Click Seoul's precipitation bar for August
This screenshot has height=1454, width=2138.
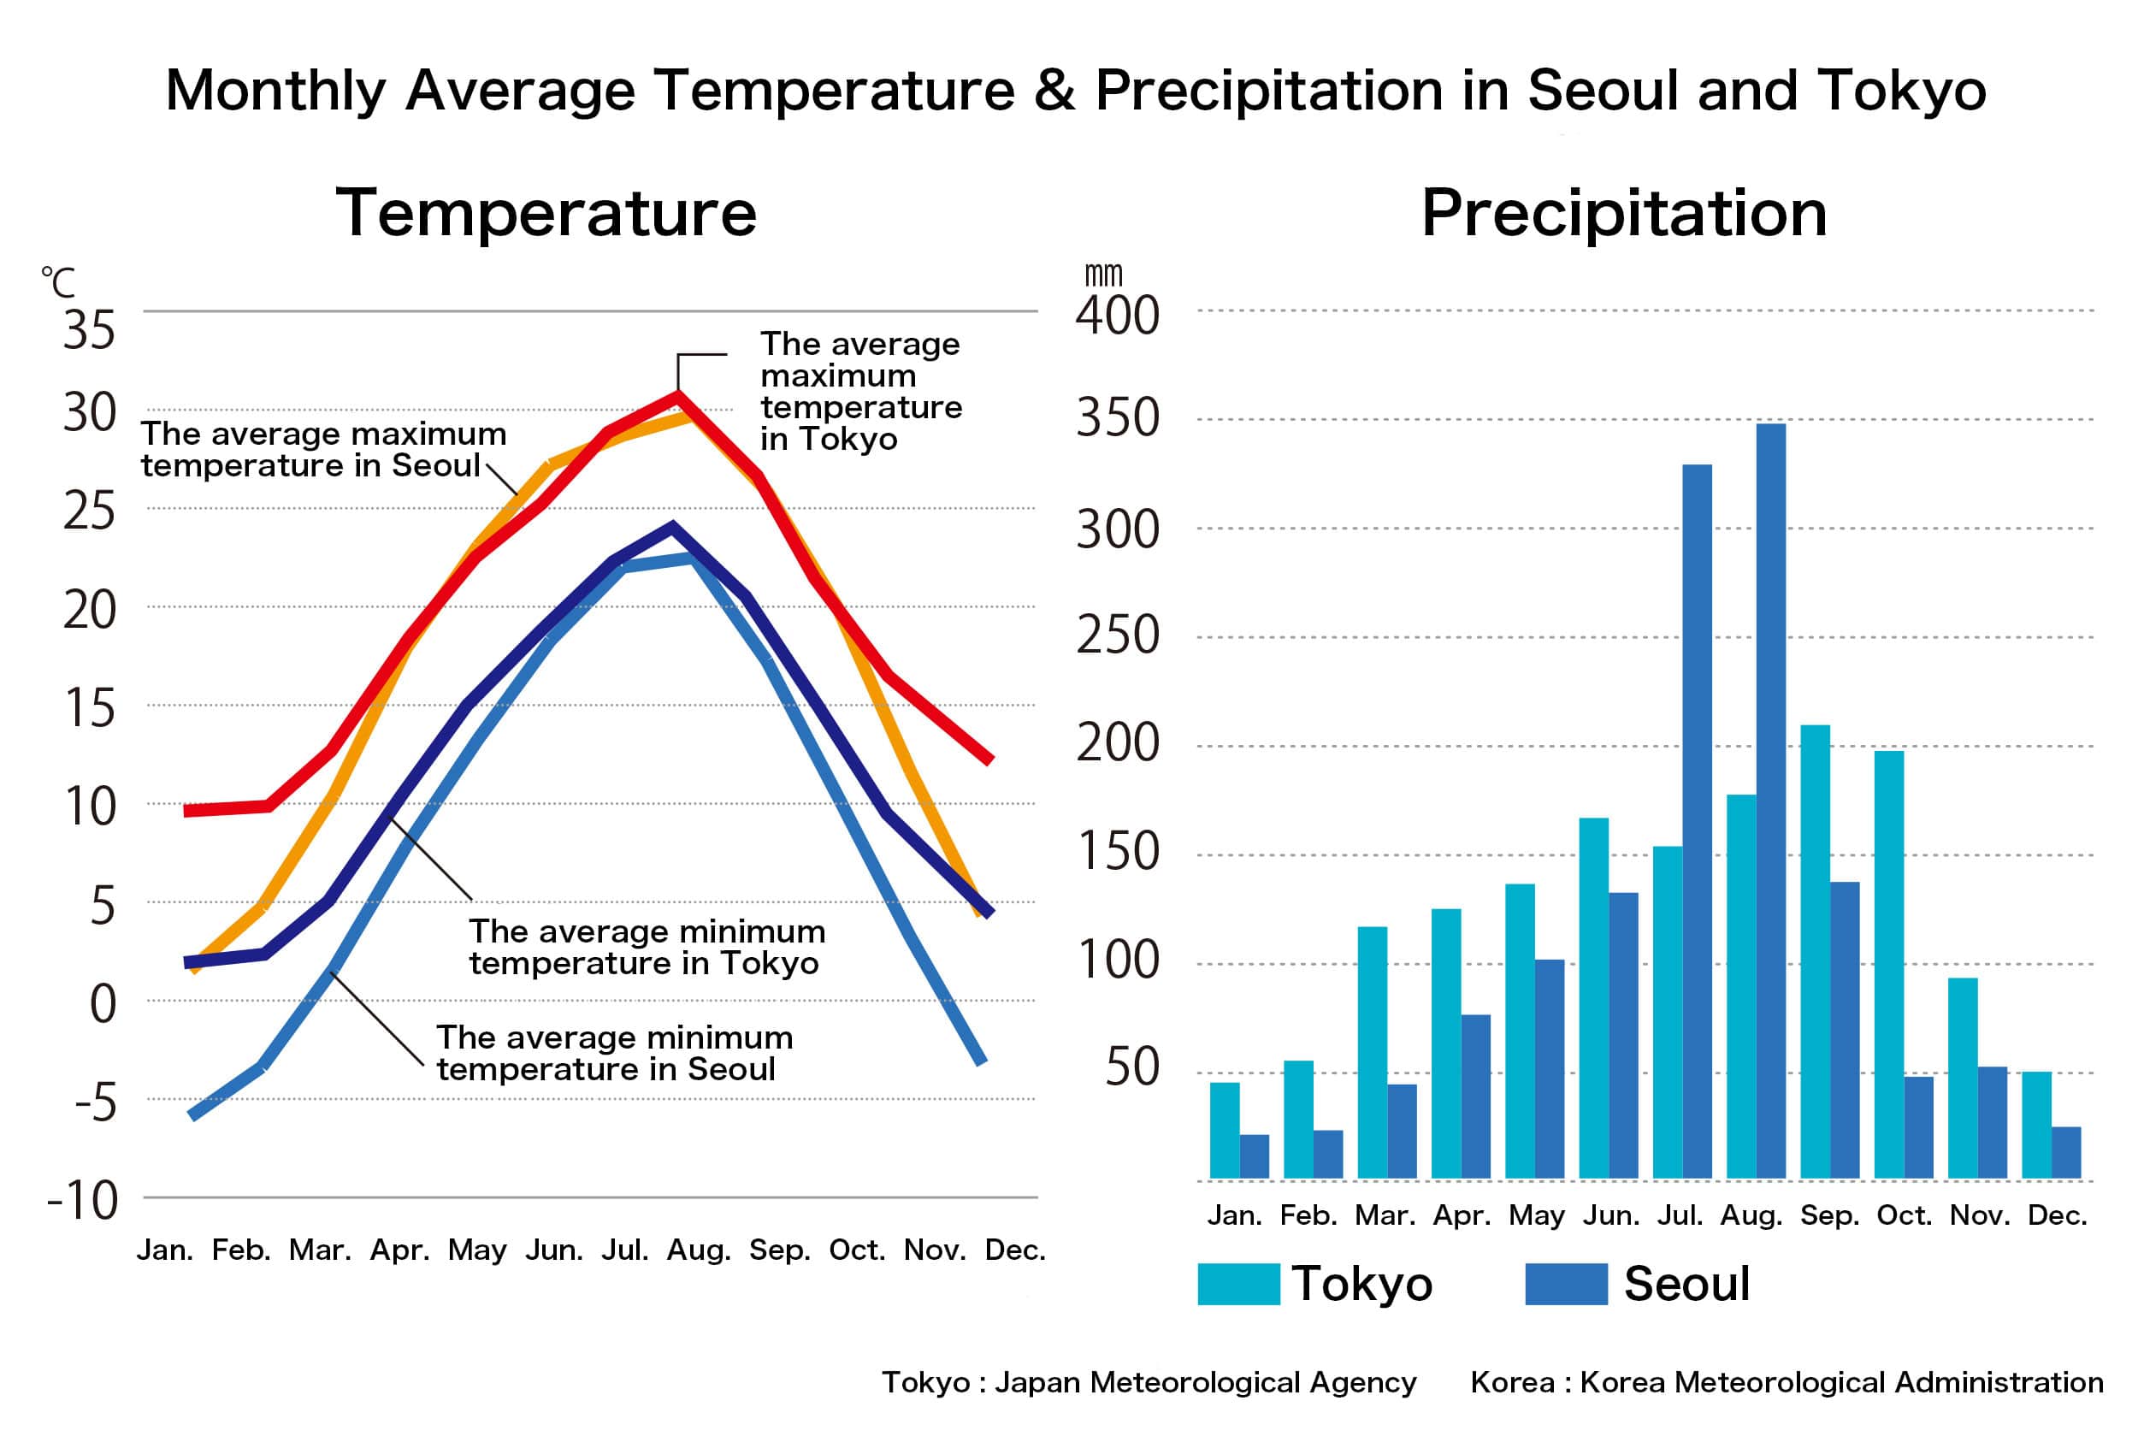tap(1770, 801)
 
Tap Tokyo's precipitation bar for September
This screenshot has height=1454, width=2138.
tap(1814, 952)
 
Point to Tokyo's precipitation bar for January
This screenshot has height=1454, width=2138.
tap(1225, 1130)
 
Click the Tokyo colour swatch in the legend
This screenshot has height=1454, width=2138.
tap(1238, 1284)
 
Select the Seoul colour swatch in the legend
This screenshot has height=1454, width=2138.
tap(1566, 1284)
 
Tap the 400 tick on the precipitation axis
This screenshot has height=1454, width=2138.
tap(1118, 316)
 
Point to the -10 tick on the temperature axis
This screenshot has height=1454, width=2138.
tap(84, 1200)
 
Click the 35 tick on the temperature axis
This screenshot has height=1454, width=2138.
tap(89, 329)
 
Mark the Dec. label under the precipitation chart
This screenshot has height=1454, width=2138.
tap(2057, 1215)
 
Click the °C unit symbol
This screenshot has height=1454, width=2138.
tap(58, 281)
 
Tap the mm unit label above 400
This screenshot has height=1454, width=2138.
tap(1103, 275)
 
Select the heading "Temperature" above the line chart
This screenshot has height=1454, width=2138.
tap(546, 213)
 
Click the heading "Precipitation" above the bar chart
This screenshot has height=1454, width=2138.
tap(1624, 213)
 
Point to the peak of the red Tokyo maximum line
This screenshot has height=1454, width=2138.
tap(678, 397)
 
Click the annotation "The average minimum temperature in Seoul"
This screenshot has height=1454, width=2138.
tap(614, 1053)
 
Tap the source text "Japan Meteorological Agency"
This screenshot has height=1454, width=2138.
tap(1205, 1382)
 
